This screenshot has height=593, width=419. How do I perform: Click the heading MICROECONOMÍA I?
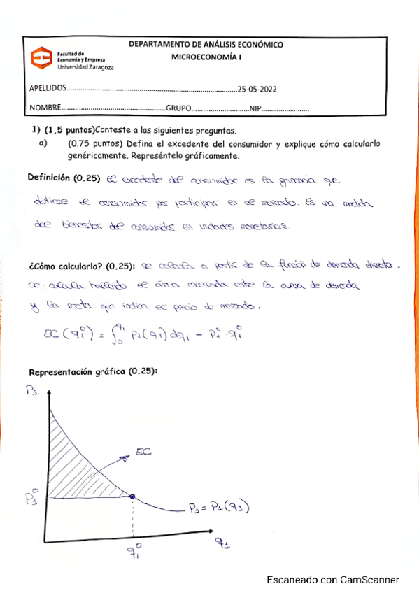tap(206, 59)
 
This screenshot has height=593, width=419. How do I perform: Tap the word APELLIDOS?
tap(46, 90)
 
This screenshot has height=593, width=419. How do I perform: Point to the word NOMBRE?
tap(44, 109)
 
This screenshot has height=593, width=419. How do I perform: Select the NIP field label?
tap(255, 109)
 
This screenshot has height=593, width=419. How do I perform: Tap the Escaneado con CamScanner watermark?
tap(333, 580)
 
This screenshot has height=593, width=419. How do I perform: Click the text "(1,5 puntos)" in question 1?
tap(69, 131)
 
